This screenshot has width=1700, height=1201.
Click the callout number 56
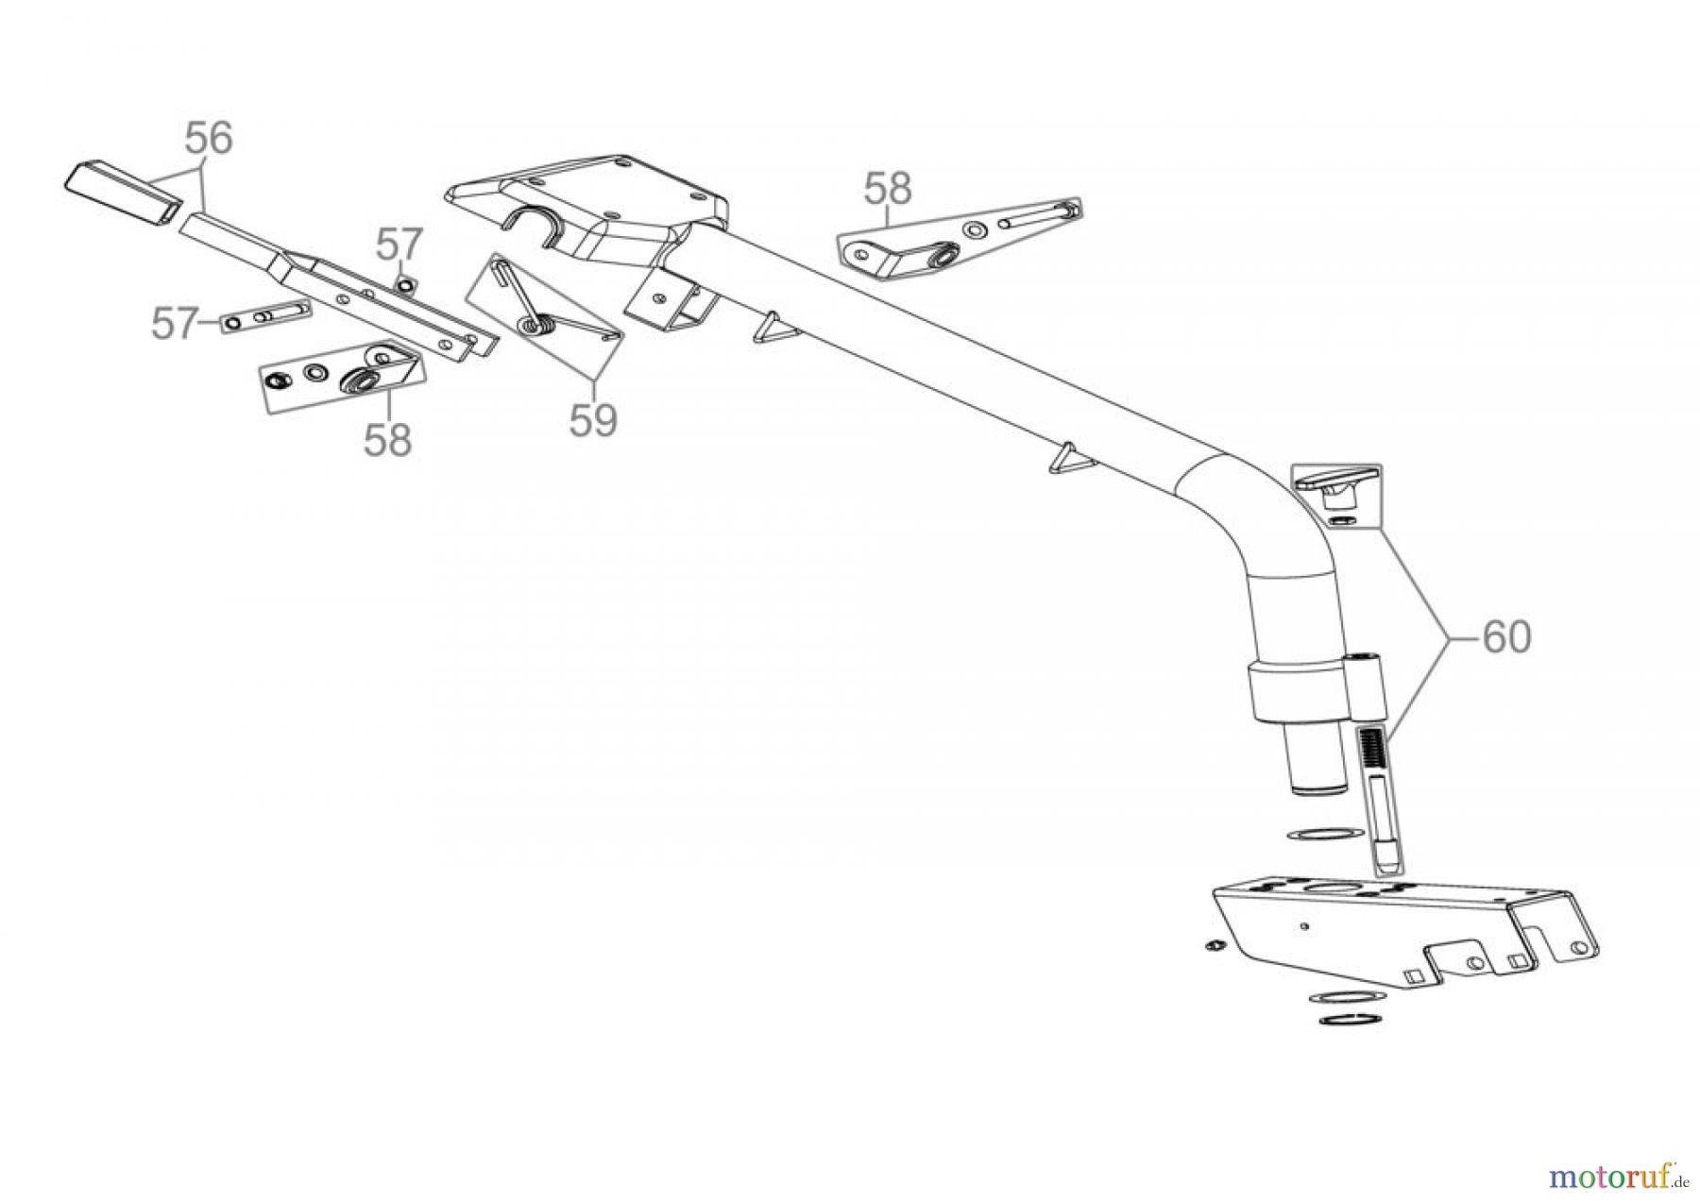pyautogui.click(x=208, y=139)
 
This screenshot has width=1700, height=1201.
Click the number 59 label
pyautogui.click(x=593, y=420)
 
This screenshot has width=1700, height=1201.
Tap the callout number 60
pyautogui.click(x=1506, y=637)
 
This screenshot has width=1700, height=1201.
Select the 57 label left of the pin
pyautogui.click(x=175, y=324)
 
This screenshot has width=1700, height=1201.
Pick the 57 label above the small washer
pyautogui.click(x=399, y=245)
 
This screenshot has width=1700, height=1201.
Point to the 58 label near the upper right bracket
pyautogui.click(x=888, y=189)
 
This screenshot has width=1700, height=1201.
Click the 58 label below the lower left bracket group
pyautogui.click(x=388, y=439)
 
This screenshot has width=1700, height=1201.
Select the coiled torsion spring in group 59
pyautogui.click(x=536, y=324)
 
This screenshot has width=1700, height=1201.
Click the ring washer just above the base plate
pyautogui.click(x=1324, y=835)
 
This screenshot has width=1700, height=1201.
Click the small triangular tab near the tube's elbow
pyautogui.click(x=1070, y=458)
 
